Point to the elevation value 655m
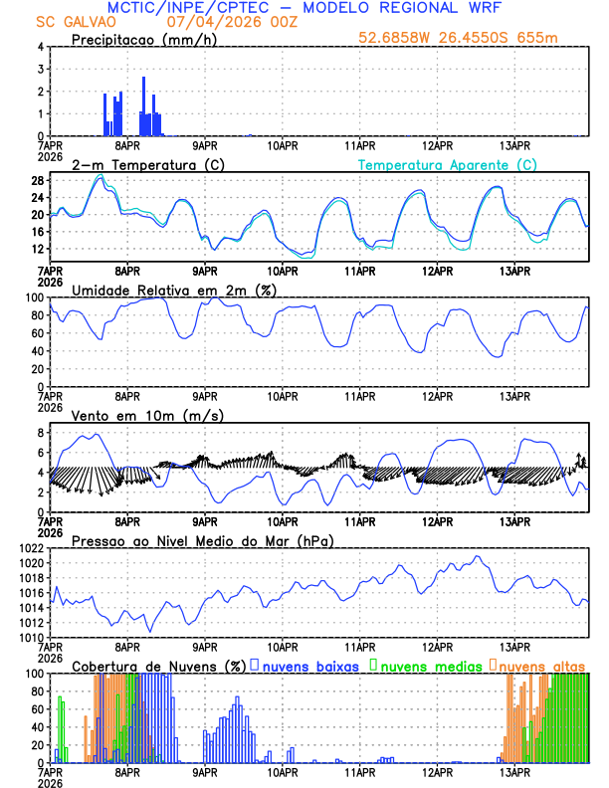tap(539, 39)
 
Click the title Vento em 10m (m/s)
tap(147, 415)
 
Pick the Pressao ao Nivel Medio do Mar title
tap(202, 540)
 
